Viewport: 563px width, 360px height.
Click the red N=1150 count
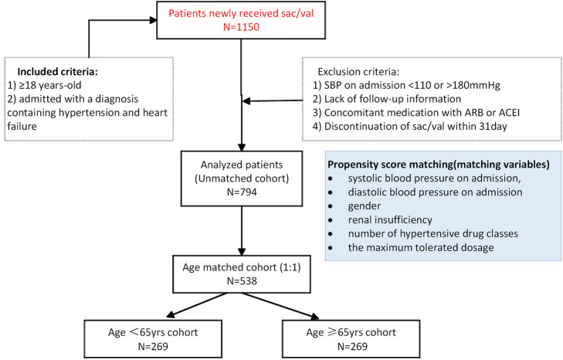(241, 27)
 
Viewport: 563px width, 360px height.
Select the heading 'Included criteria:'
(57, 72)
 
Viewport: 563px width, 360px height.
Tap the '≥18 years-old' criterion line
(45, 86)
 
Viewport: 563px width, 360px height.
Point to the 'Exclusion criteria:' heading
(358, 72)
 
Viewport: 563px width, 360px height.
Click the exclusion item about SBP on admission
(406, 86)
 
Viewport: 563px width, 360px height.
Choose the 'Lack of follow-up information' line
(387, 99)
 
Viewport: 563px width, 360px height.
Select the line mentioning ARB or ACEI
(416, 113)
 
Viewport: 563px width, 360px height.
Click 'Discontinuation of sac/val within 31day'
(409, 127)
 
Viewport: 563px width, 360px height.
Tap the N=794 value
(242, 192)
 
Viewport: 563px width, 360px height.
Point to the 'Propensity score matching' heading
(439, 165)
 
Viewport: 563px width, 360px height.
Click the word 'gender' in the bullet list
(364, 206)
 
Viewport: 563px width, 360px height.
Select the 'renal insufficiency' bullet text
(390, 220)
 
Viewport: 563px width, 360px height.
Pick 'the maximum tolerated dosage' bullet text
(421, 247)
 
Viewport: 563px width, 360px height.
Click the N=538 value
(242, 281)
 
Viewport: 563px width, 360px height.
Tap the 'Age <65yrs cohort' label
(153, 332)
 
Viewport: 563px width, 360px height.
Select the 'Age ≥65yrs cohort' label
(351, 332)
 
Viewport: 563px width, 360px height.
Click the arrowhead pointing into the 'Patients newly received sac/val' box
(154, 20)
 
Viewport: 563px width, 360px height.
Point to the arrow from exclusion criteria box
(273, 101)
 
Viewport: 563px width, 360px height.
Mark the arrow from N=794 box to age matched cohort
(242, 231)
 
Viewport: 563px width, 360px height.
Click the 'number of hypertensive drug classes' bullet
(433, 234)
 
